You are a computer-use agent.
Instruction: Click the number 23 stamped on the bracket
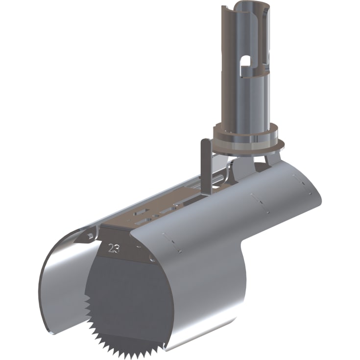pos(114,248)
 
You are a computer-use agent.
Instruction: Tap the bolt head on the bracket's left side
pos(89,237)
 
